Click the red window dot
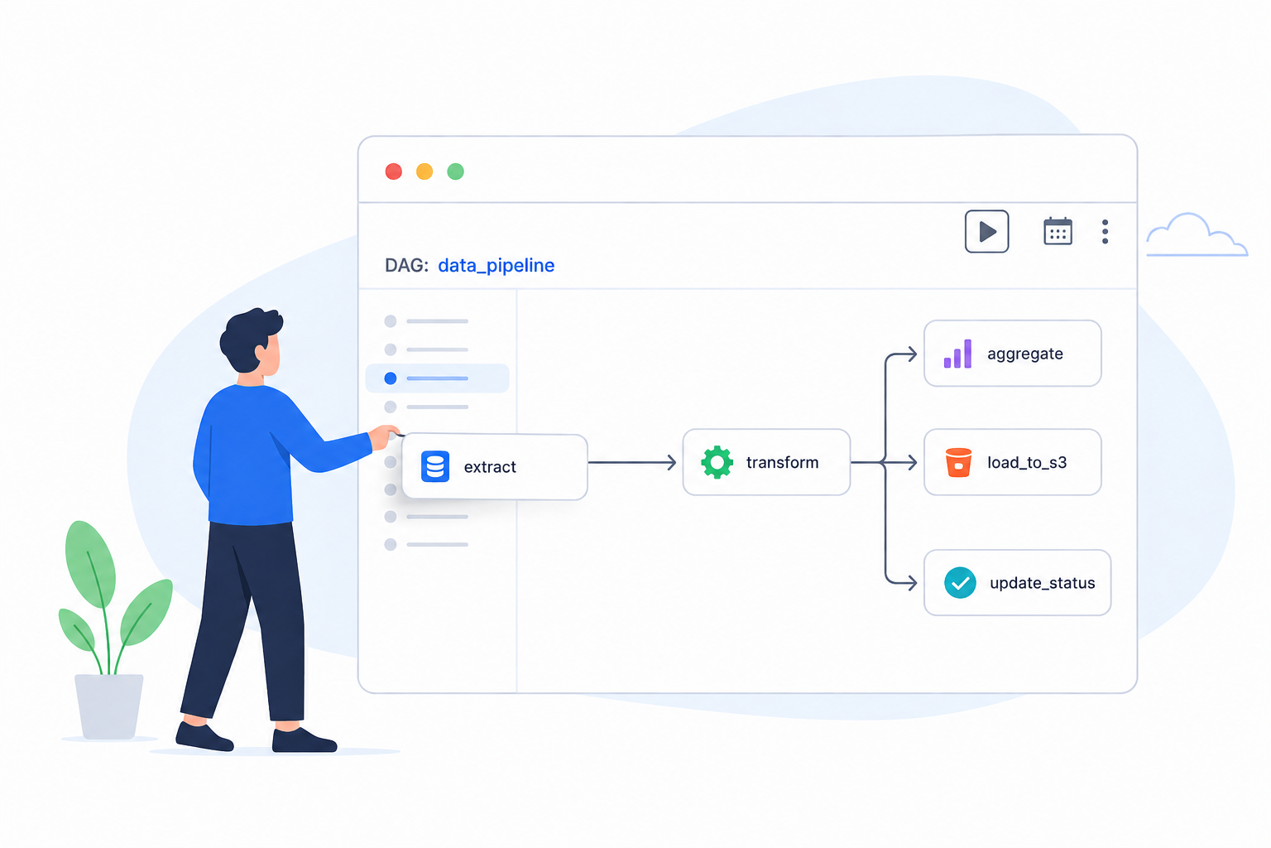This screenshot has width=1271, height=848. (394, 171)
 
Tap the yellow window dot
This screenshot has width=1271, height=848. (424, 171)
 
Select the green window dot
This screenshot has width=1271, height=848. (456, 171)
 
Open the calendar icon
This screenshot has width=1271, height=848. (1058, 231)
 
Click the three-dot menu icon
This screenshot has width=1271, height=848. (1105, 232)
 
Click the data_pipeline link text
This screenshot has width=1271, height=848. (496, 266)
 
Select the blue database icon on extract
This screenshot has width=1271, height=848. (435, 466)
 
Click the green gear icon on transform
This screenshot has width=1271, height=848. (717, 462)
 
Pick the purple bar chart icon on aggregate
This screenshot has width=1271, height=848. (957, 354)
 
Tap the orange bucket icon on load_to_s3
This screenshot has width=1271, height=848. (958, 462)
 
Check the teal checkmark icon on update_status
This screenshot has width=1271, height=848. (960, 583)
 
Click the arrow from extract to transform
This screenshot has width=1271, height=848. (632, 462)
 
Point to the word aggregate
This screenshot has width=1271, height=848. (1024, 354)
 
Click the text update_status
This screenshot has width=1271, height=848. (1043, 583)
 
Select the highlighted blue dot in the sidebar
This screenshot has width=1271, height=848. (391, 378)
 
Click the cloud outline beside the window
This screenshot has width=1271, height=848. (1197, 234)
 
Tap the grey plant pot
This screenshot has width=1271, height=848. (109, 706)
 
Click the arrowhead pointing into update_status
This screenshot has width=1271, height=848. (911, 583)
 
